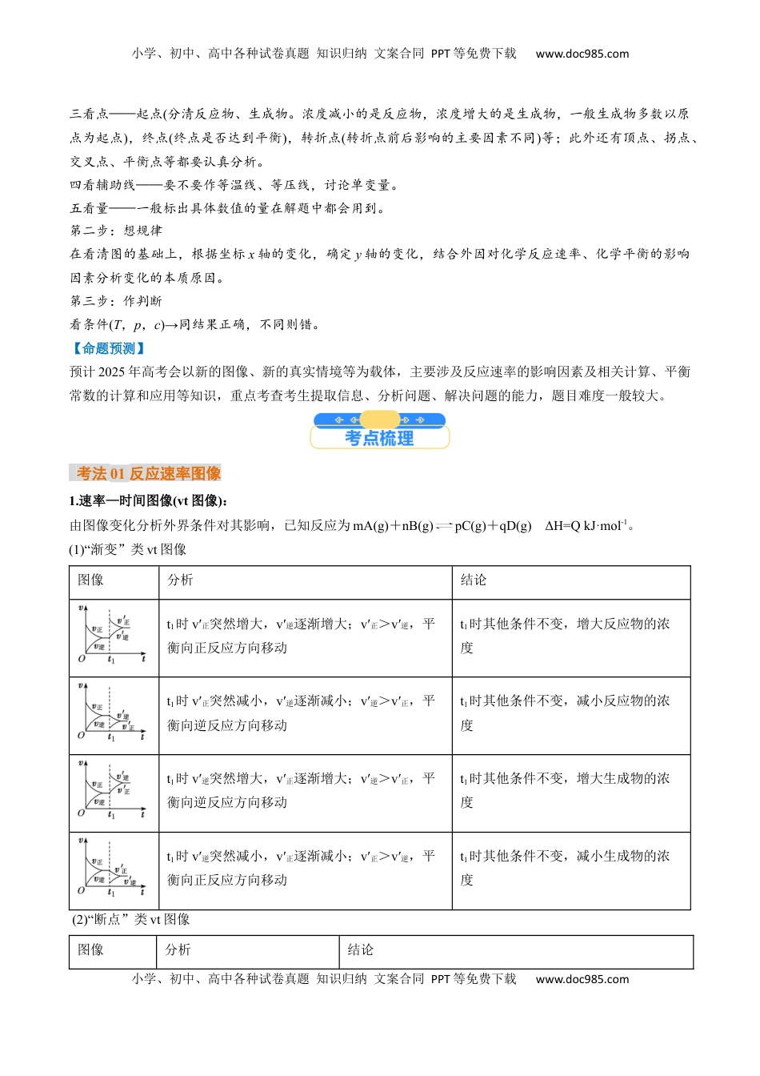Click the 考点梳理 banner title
tap(379, 438)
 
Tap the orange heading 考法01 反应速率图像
tap(149, 473)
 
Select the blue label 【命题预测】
tap(108, 348)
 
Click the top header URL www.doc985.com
tap(582, 54)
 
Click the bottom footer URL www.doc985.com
tap(582, 978)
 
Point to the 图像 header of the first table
tap(90, 580)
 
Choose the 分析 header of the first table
tap(180, 580)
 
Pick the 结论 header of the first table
tap(474, 580)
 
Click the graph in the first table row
tap(113, 636)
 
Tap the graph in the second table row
tap(113, 713)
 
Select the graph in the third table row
tap(113, 791)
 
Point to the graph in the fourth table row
tap(113, 869)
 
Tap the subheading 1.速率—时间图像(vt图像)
tap(148, 500)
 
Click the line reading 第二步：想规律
tap(116, 231)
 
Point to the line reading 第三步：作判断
tap(116, 301)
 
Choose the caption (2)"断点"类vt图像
tap(131, 919)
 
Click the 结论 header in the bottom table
tap(361, 950)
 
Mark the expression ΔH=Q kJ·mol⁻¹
tap(588, 526)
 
